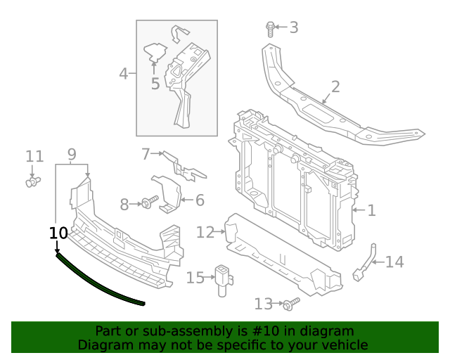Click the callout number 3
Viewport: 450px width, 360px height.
coord(294,27)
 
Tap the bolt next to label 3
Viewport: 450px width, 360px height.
coord(271,28)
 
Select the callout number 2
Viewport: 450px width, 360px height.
coord(335,86)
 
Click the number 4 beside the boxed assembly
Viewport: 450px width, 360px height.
coord(124,73)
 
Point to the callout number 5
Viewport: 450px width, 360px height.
coord(155,84)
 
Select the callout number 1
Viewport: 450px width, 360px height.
coord(371,210)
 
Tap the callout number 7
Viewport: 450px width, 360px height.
coord(146,153)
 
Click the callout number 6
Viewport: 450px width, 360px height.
coord(200,200)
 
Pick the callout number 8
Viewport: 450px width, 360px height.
coord(124,205)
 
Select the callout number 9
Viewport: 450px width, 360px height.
coord(72,154)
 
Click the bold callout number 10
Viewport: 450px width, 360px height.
coord(59,233)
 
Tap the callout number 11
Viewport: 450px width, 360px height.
coord(34,156)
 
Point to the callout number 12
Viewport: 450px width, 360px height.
coord(205,232)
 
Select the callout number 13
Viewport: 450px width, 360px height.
coord(263,304)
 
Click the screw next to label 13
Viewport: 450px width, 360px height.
coord(290,303)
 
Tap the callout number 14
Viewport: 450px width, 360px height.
coord(394,262)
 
